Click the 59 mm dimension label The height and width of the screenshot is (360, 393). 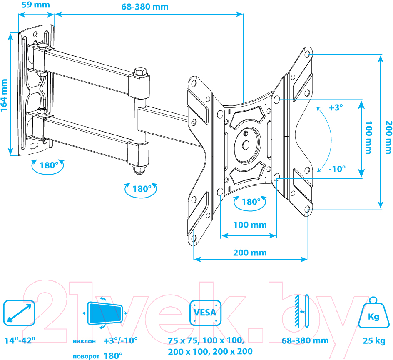pos(35,5)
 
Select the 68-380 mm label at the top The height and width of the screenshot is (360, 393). pos(144,7)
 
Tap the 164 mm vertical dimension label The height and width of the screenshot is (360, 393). pos(4,95)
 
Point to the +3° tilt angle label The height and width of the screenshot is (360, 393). pos(336,107)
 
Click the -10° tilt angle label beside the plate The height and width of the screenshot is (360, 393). pos(337,169)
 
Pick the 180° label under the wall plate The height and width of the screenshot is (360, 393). pos(49,165)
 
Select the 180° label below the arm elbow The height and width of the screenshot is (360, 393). pos(142,189)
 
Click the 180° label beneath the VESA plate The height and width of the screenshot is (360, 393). pos(251,202)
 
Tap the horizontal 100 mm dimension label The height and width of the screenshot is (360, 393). pos(250,225)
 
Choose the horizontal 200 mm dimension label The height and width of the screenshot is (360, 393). pos(250,252)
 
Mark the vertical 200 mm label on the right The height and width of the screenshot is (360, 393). pos(388,137)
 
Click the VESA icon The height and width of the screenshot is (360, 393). pos(205,312)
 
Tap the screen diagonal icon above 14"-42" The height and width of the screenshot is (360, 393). pos(19,313)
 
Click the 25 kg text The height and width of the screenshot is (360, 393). pos(374,341)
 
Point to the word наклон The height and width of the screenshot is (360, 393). pos(84,341)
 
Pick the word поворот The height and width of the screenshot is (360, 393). pos(86,357)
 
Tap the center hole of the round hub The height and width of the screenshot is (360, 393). pos(246,145)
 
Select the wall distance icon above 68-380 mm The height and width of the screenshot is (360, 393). pos(302,311)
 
